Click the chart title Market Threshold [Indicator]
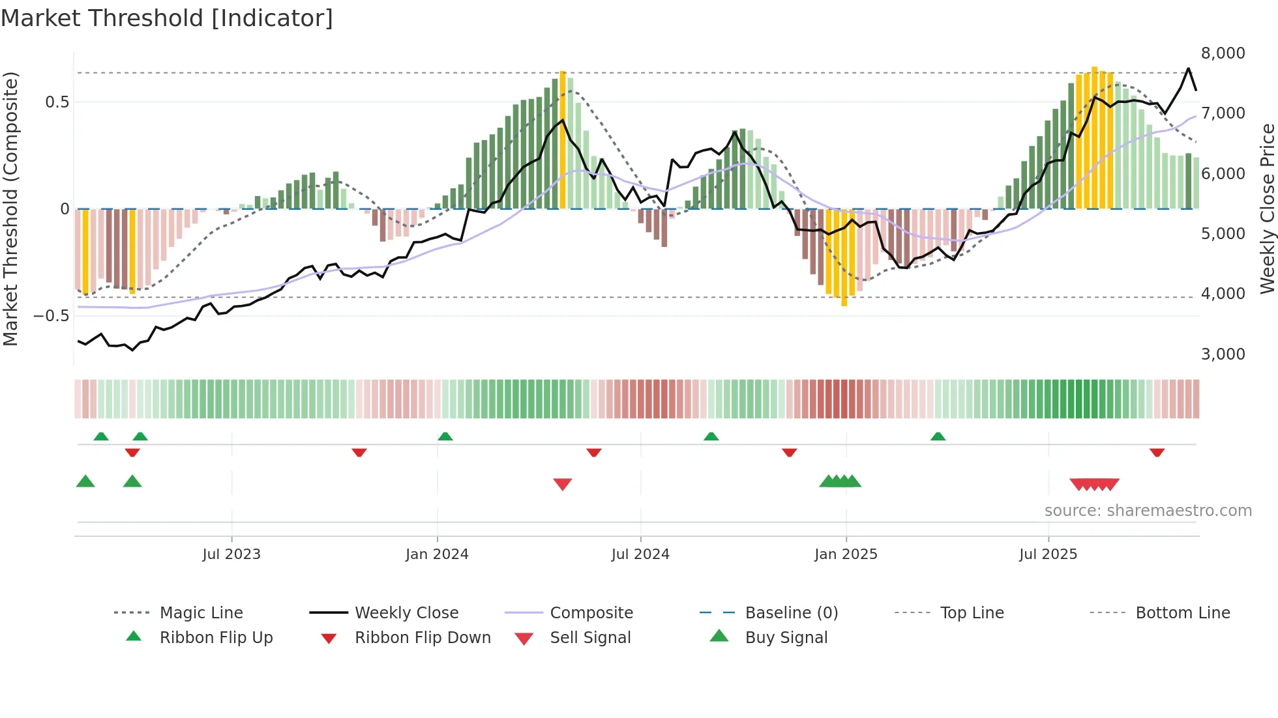(x=167, y=18)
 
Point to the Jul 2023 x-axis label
(x=231, y=554)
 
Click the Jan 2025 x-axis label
(x=846, y=554)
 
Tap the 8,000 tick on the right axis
(x=1223, y=53)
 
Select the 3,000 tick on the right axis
(x=1223, y=354)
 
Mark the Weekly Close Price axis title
(x=1267, y=208)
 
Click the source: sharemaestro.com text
(x=1148, y=510)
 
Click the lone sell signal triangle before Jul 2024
(x=562, y=483)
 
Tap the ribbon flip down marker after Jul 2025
(x=1157, y=452)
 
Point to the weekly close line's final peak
(x=1188, y=68)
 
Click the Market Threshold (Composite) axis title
(x=10, y=208)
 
